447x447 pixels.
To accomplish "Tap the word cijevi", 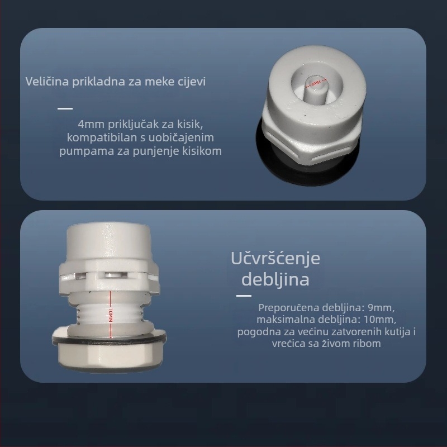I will (191, 82).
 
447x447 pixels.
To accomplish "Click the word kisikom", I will (205, 151).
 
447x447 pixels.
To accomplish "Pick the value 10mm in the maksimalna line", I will (383, 320).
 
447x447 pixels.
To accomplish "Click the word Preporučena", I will (287, 308).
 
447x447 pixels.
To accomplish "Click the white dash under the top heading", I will (65, 108).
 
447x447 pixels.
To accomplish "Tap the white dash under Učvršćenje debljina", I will (244, 296).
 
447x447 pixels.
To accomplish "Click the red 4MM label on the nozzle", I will (317, 83).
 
